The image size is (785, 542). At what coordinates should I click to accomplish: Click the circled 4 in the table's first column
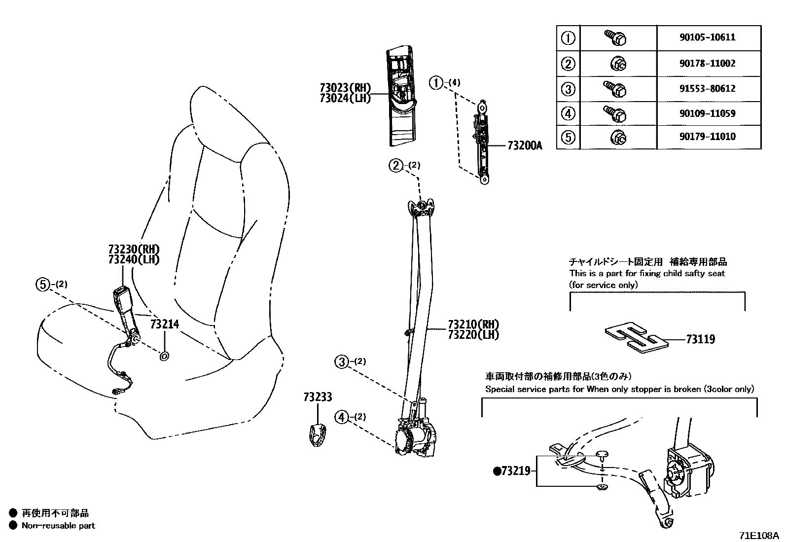(x=569, y=113)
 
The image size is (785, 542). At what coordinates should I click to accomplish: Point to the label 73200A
(x=525, y=146)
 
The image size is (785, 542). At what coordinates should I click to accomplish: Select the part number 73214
(x=164, y=324)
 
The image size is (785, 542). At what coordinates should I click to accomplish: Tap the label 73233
(x=318, y=397)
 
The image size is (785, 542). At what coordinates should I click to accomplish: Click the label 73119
(x=700, y=339)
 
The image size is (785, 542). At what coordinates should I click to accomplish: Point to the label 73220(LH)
(x=473, y=335)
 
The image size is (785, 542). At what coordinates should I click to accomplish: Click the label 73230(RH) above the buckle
(x=134, y=249)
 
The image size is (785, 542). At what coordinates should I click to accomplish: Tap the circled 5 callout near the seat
(x=43, y=284)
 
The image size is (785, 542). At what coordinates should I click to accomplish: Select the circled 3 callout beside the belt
(x=341, y=362)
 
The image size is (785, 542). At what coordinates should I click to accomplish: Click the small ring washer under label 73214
(x=164, y=356)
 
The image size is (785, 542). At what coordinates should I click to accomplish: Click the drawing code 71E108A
(x=758, y=536)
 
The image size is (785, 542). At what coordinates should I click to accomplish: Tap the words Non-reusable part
(x=58, y=526)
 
